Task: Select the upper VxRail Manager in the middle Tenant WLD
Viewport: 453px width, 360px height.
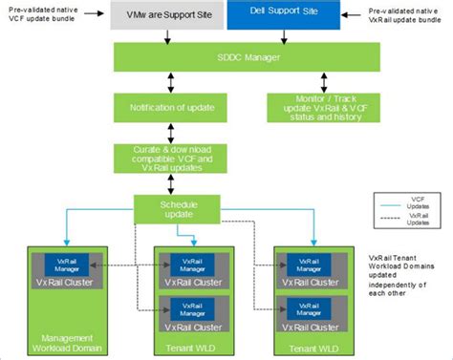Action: click(191, 265)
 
